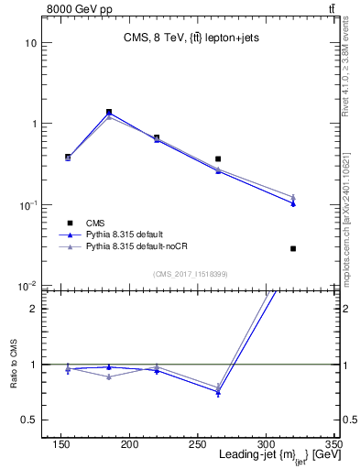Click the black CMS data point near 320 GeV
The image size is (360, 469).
pos(293,248)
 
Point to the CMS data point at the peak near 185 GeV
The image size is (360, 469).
pos(109,112)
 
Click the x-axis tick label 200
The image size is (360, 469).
pos(130,443)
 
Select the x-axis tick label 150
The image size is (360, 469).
pos(60,443)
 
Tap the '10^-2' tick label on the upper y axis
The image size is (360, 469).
pos(28,286)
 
